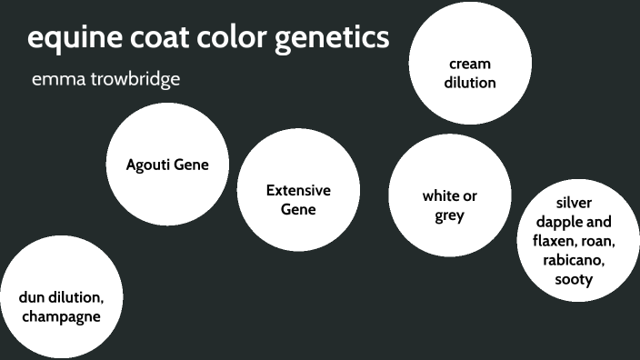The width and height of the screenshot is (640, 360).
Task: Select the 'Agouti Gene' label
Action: coord(167,165)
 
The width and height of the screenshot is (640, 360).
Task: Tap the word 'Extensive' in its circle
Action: coord(298,190)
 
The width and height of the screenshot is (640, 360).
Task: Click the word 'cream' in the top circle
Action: coord(470,64)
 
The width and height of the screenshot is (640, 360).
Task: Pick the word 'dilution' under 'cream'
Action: coord(470,82)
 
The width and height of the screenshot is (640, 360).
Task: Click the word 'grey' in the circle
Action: coord(449,215)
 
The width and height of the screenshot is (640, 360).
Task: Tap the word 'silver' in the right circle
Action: coord(574,202)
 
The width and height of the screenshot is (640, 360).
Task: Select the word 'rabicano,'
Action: coord(574,260)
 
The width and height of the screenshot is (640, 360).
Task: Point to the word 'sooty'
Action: coord(574,279)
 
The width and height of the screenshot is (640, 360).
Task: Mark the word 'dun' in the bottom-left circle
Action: coord(33,297)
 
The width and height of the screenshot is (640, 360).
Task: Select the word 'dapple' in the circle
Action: coord(561,221)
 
